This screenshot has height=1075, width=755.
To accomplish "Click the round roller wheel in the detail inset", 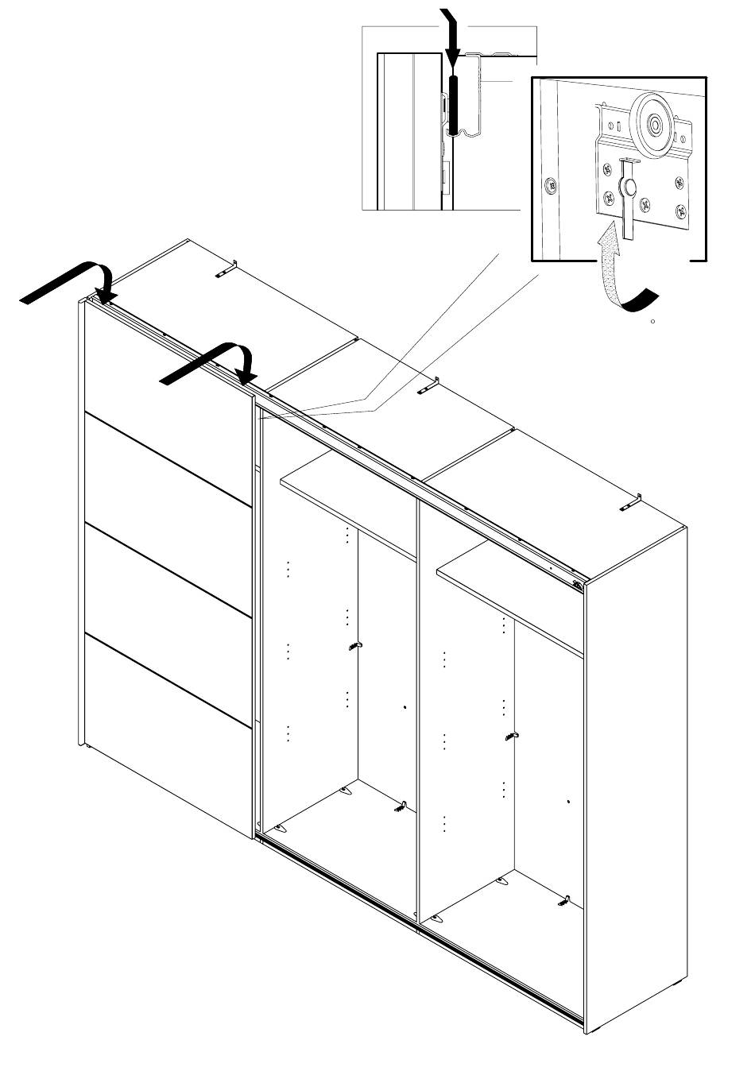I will pos(654,124).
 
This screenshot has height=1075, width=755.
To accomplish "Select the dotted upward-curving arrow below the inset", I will pos(610,262).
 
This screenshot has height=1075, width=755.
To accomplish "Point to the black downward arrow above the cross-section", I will pos(451,36).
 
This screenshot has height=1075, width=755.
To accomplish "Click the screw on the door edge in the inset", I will pos(549,188).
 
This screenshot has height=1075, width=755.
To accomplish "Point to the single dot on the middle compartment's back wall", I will pos(405,706).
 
